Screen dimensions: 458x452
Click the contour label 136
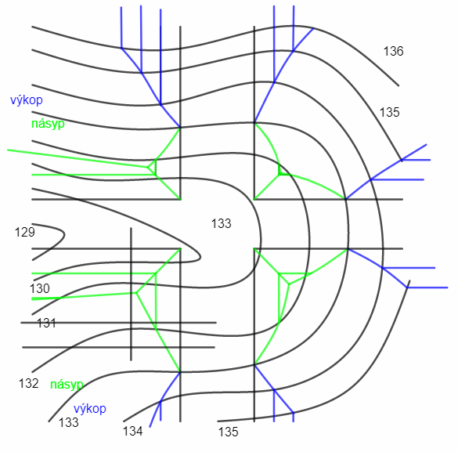pyautogui.click(x=393, y=51)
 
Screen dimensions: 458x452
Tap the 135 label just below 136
pyautogui.click(x=389, y=113)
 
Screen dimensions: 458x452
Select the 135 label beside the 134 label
pyautogui.click(x=228, y=432)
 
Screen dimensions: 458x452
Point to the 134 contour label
pyautogui.click(x=132, y=432)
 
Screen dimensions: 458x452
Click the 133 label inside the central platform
pyautogui.click(x=221, y=224)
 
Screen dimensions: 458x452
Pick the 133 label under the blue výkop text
pyautogui.click(x=69, y=422)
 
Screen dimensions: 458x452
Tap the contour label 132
pyautogui.click(x=29, y=383)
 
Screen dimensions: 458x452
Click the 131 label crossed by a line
pyautogui.click(x=46, y=324)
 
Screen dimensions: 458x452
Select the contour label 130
pyautogui.click(x=40, y=289)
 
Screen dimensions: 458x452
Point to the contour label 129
pyautogui.click(x=25, y=233)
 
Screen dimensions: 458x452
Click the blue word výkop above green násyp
pyautogui.click(x=27, y=100)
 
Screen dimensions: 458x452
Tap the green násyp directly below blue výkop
pyautogui.click(x=48, y=124)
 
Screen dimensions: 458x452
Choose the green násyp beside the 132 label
pyautogui.click(x=67, y=385)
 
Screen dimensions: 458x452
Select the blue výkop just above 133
pyautogui.click(x=90, y=408)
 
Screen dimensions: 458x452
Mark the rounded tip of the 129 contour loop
pyautogui.click(x=64, y=234)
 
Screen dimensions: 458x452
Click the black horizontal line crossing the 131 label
pyautogui.click(x=118, y=323)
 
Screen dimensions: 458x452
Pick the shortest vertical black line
pyautogui.click(x=131, y=294)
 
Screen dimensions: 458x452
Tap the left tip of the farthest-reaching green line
pyautogui.click(x=8, y=150)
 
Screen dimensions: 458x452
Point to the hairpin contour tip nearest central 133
pyautogui.click(x=200, y=257)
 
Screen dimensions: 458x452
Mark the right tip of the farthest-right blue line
pyautogui.click(x=448, y=287)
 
